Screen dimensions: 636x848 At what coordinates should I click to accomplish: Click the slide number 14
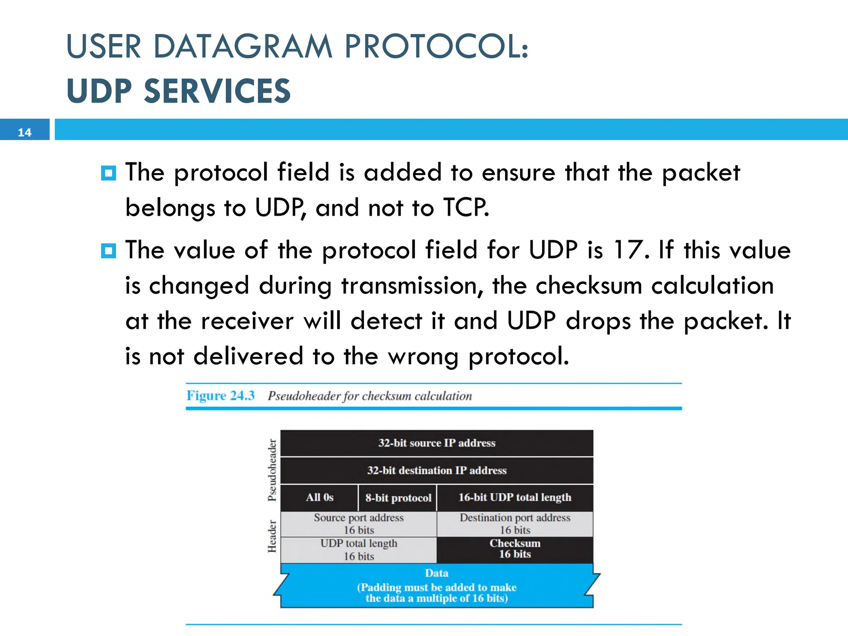(x=24, y=132)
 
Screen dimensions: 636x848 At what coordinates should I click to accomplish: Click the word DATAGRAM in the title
(x=243, y=46)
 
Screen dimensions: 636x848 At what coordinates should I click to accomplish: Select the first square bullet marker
(x=108, y=173)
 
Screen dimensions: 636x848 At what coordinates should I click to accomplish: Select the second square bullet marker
(x=108, y=251)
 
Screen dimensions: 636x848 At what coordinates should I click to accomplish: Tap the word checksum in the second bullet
(x=588, y=286)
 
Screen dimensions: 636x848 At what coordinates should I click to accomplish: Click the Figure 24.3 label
(x=220, y=396)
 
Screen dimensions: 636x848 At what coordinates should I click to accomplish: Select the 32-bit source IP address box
(x=436, y=443)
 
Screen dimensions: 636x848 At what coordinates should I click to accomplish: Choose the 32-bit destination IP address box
(x=436, y=470)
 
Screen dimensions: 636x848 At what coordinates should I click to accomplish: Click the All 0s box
(x=319, y=498)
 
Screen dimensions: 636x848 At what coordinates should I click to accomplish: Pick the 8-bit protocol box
(x=398, y=498)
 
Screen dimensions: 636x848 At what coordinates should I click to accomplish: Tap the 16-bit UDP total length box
(x=515, y=498)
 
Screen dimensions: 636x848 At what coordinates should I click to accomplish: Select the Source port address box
(x=359, y=524)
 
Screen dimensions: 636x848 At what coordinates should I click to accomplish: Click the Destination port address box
(x=515, y=524)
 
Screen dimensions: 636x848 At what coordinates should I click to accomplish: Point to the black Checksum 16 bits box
(x=515, y=549)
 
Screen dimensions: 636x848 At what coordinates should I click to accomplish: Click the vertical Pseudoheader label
(x=272, y=470)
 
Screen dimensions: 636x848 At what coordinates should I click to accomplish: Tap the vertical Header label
(x=272, y=536)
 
